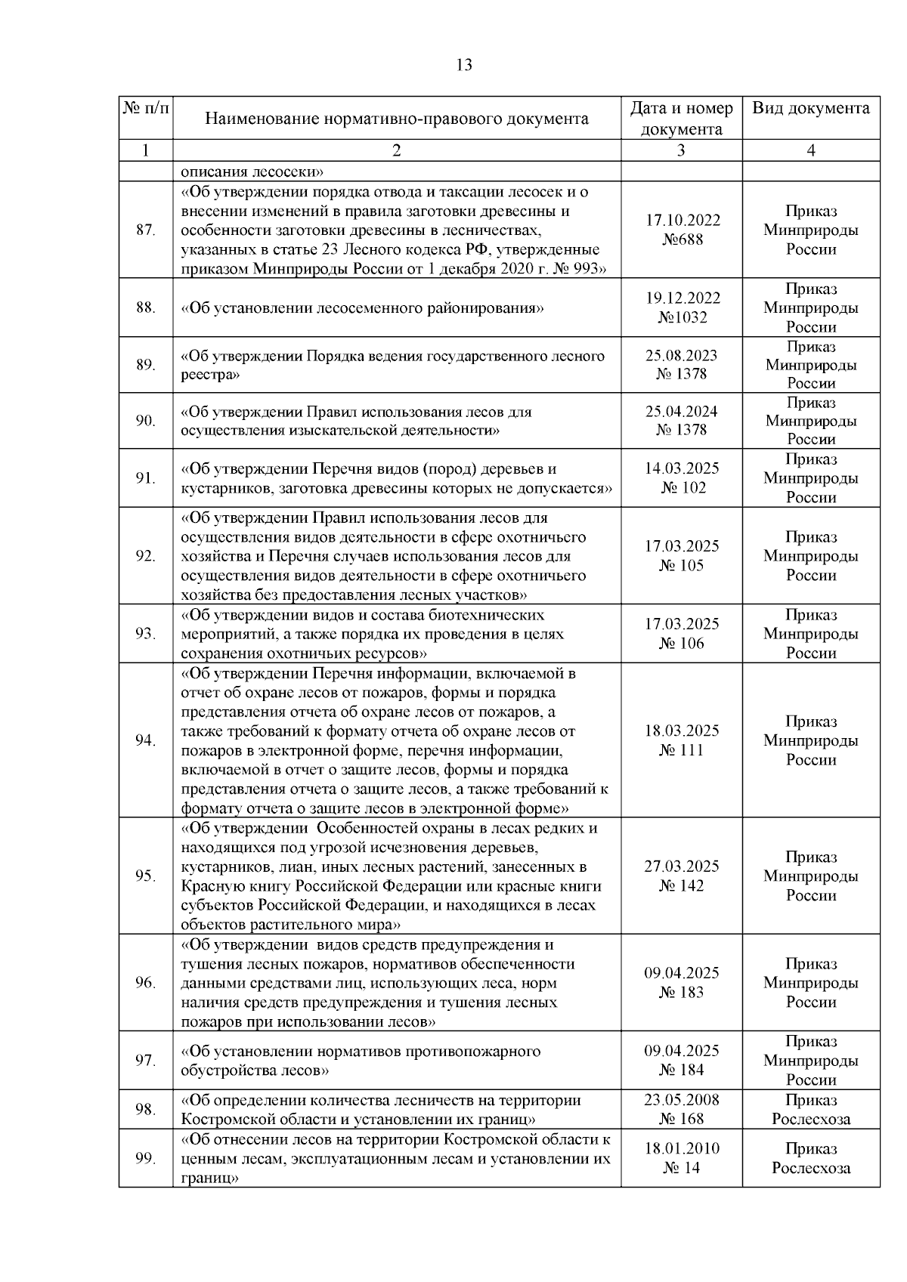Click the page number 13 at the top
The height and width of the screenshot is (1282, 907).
[464, 65]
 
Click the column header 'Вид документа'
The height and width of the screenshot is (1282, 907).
[810, 108]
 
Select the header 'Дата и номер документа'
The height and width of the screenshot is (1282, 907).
[681, 119]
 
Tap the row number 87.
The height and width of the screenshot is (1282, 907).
[145, 230]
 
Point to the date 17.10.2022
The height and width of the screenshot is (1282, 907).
[682, 221]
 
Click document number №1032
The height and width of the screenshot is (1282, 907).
[682, 317]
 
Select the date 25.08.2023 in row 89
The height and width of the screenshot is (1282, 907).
[682, 355]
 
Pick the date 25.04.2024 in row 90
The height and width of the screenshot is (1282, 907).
[682, 412]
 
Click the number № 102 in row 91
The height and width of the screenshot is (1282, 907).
[683, 488]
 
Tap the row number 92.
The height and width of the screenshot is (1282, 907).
[145, 556]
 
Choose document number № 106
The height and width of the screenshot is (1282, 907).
[682, 644]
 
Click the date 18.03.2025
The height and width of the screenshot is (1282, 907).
[682, 731]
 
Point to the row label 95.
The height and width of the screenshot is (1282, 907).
[145, 876]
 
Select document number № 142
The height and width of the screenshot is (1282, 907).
[682, 886]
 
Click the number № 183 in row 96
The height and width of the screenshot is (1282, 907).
[682, 993]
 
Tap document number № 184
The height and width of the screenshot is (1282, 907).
[682, 1070]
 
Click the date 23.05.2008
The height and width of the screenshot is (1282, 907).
[682, 1100]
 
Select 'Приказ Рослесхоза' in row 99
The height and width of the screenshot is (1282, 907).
[810, 1158]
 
